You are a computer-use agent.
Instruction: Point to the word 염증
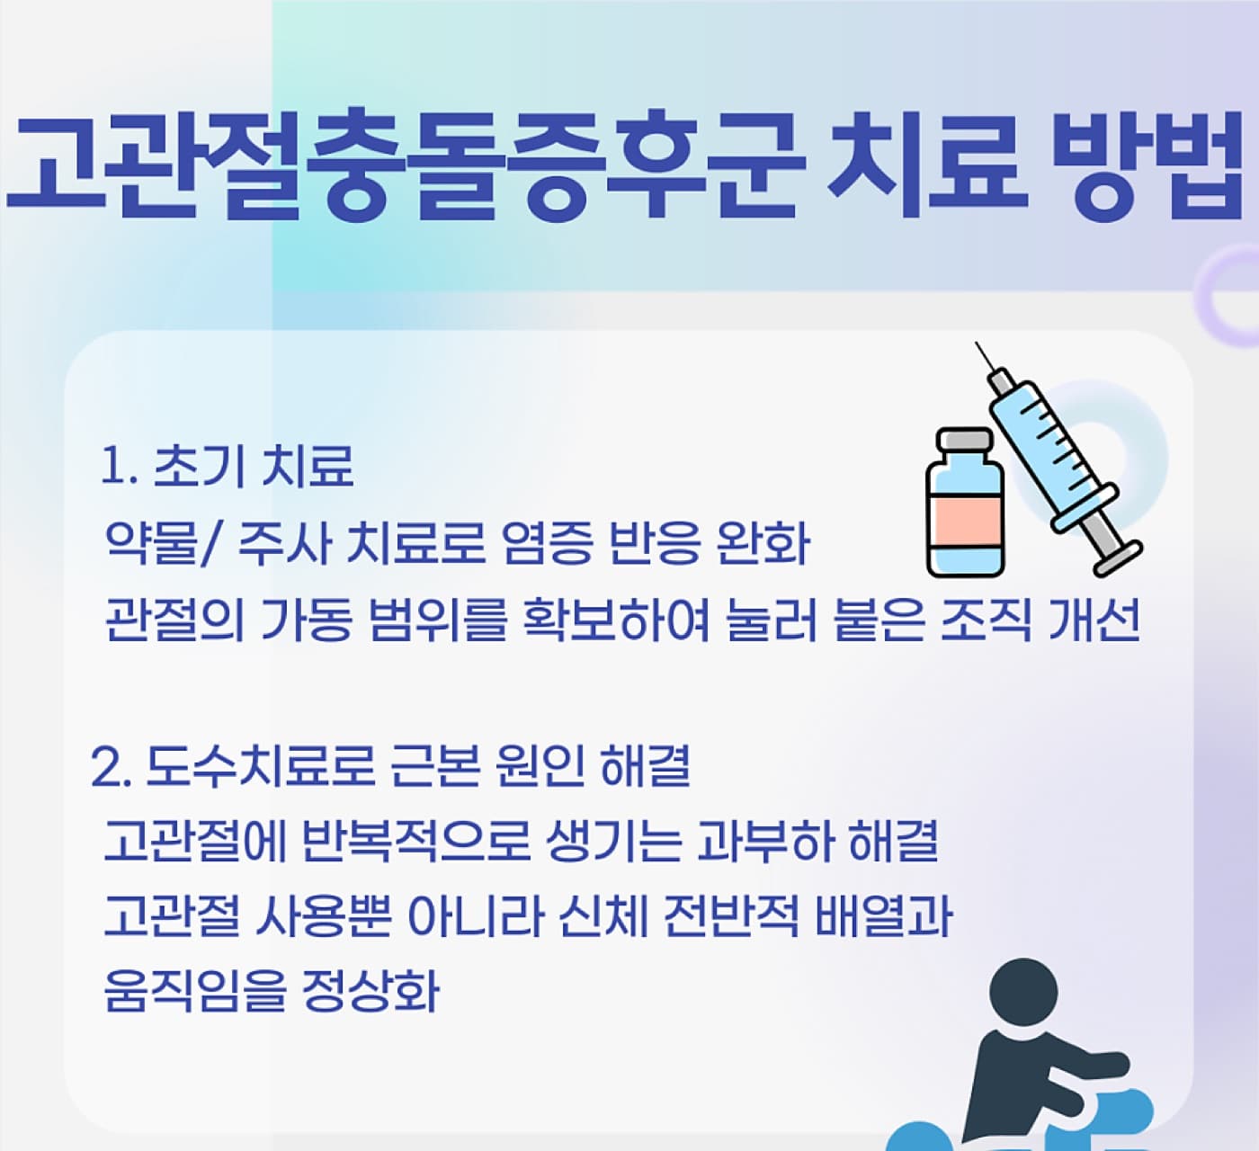click(547, 543)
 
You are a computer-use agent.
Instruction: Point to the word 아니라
click(475, 916)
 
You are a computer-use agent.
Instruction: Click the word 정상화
click(371, 992)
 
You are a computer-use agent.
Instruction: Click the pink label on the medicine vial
click(965, 522)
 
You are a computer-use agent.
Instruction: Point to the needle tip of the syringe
click(977, 344)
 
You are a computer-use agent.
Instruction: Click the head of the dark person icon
click(1023, 993)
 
